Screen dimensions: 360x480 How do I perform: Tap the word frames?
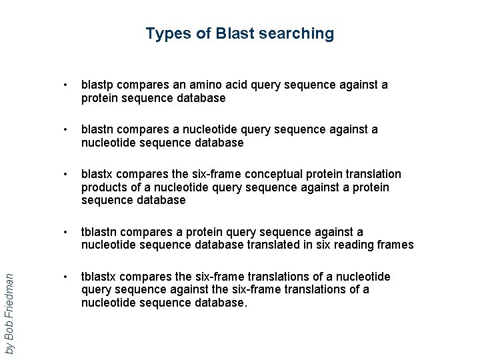(x=397, y=245)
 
